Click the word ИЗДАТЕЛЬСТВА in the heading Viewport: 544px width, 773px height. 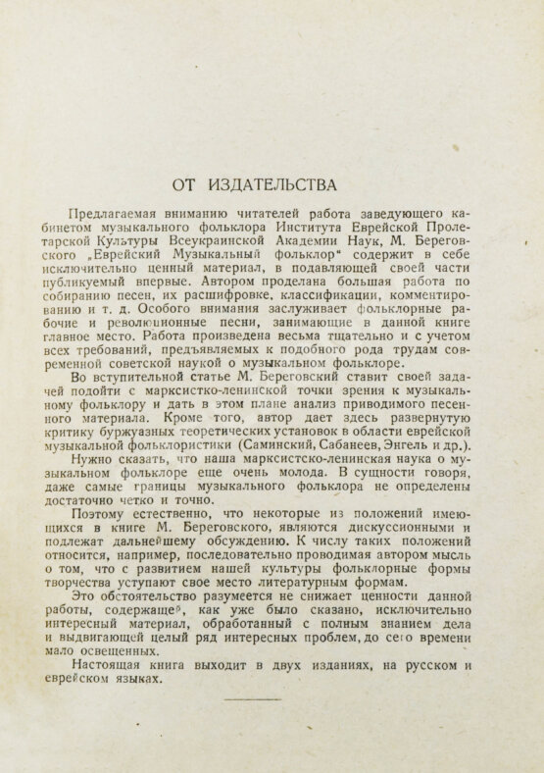(276, 183)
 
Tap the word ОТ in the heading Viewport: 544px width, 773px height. (186, 183)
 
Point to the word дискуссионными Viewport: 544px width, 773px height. (391, 528)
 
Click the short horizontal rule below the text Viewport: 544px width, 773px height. (253, 698)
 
